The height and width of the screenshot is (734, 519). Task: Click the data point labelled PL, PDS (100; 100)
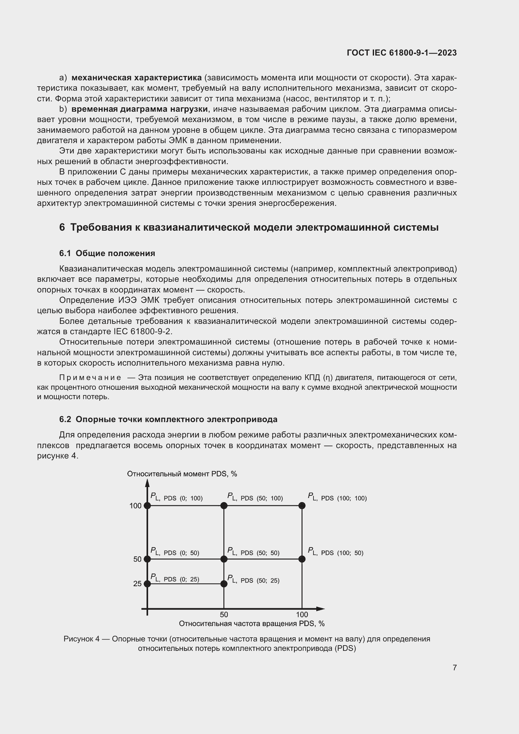[302, 506]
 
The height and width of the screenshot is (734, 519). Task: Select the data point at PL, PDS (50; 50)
[224, 559]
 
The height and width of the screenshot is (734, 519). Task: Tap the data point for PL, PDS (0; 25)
[147, 584]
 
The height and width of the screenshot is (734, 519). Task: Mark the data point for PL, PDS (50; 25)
[224, 584]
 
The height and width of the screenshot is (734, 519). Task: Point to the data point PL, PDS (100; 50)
[302, 559]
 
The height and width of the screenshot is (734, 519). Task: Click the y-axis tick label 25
[137, 584]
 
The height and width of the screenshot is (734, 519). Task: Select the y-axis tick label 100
[135, 506]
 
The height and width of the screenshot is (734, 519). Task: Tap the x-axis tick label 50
[224, 614]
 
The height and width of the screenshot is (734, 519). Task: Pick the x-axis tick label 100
[302, 614]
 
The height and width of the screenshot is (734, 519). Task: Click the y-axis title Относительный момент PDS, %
[182, 474]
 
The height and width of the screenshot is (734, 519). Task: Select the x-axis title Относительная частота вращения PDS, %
[252, 624]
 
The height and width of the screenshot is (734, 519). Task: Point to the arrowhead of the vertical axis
[147, 483]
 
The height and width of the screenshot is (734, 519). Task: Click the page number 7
[454, 667]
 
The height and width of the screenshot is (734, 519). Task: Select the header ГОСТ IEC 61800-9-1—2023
[401, 53]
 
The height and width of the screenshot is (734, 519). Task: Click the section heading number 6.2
[65, 419]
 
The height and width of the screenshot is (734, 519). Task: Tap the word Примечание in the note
[90, 378]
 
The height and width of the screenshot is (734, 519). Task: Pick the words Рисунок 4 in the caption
[82, 639]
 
